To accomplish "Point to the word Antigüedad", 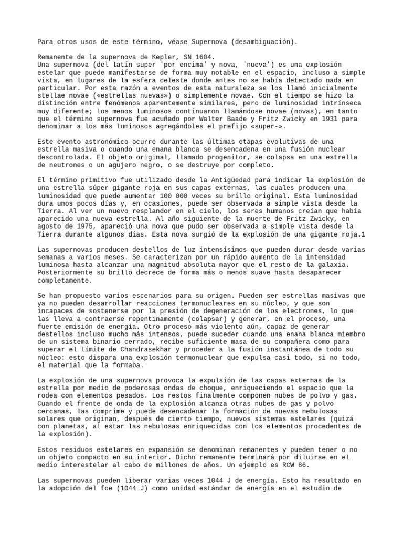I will (241, 180).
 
